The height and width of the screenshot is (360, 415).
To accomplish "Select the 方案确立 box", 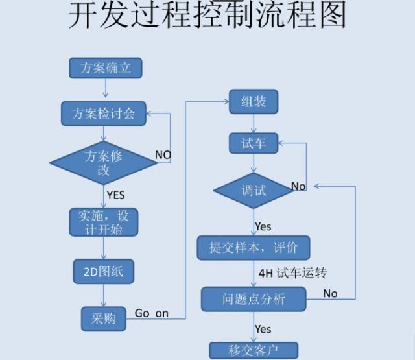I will tap(104, 68).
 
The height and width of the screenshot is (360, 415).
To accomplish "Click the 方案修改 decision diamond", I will tap(104, 162).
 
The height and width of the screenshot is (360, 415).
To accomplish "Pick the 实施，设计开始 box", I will tap(104, 222).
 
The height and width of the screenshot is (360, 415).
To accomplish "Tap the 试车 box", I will tap(254, 143).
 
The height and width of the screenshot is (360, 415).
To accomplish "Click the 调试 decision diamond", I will tap(254, 190).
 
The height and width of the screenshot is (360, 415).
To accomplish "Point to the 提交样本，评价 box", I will tap(254, 248).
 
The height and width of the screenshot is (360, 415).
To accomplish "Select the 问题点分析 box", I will tap(254, 299).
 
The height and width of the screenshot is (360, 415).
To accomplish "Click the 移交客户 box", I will tap(254, 351).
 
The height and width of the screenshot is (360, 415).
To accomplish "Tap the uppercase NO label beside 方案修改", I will tap(163, 155).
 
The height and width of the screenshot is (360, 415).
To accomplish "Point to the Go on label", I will tap(151, 313).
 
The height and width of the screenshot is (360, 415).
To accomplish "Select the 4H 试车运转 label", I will tap(292, 273).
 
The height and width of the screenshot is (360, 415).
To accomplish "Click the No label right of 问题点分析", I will tap(330, 293).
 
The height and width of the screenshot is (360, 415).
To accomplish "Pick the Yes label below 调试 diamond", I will tap(263, 226).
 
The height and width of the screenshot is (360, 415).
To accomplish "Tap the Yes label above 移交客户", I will tap(263, 330).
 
